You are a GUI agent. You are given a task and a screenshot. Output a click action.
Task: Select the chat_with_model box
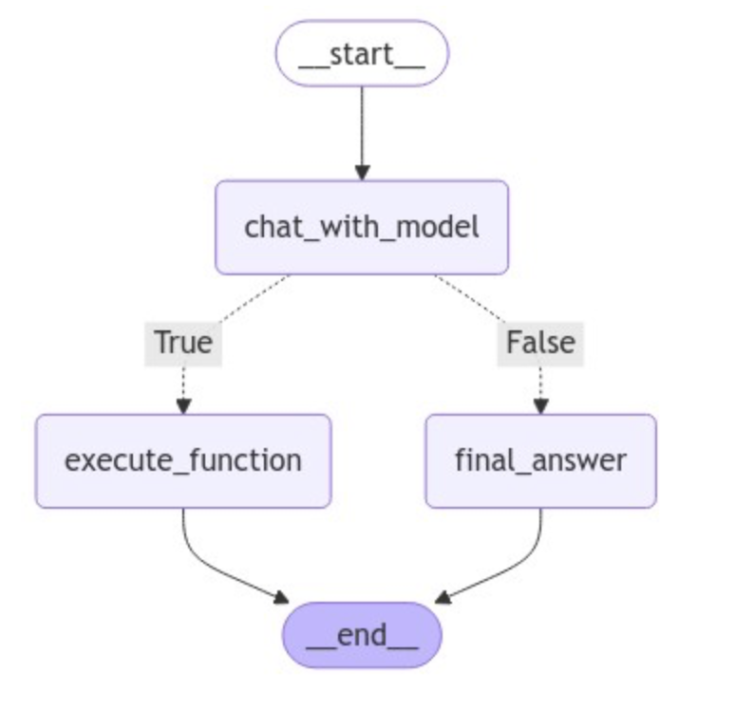361,227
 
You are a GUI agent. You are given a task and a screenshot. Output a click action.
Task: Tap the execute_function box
182,460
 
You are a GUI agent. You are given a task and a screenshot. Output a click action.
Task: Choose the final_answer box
540,460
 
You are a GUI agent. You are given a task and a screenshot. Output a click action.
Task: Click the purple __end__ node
362,635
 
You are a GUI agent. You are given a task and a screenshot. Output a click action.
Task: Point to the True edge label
182,342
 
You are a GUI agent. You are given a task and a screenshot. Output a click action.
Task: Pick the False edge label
540,342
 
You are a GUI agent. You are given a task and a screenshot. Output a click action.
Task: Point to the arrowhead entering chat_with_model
361,172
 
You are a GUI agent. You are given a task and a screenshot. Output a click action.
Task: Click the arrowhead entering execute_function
182,405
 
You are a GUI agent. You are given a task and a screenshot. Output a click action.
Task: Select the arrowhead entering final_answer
540,405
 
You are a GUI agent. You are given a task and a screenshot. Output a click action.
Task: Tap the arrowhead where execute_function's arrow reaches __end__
280,597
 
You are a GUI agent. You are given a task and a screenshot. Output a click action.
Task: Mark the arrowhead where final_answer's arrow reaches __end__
443,597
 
